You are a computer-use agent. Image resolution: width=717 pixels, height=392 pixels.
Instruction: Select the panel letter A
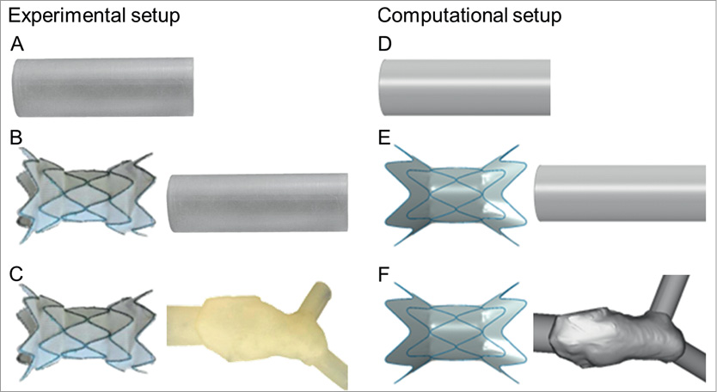[17, 45]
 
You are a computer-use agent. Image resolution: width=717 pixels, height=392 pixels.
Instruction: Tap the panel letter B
[17, 137]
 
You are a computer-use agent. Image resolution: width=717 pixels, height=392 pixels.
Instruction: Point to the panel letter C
[17, 277]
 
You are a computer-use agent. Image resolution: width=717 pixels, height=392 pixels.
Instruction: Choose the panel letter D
[384, 45]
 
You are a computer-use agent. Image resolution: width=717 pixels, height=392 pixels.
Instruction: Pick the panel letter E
[384, 137]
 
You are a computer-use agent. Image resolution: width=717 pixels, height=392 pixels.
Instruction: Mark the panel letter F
[384, 277]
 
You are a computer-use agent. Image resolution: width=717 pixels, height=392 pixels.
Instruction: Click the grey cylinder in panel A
[103, 87]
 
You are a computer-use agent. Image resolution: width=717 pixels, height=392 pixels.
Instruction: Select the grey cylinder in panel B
[257, 203]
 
